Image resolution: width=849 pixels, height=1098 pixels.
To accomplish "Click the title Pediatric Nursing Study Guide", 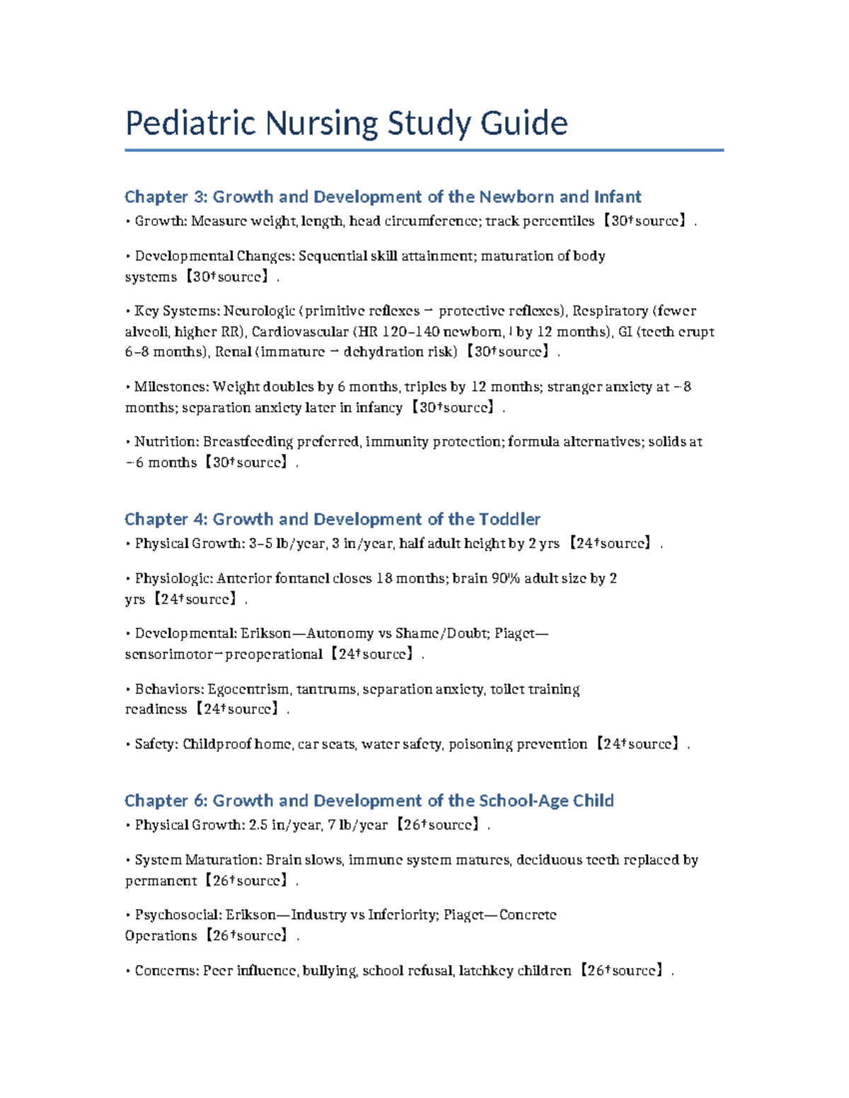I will click(x=346, y=123).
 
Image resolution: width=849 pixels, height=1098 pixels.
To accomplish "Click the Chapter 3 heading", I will click(x=383, y=197).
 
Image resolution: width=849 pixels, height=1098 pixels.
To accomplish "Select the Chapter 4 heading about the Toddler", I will click(x=332, y=519).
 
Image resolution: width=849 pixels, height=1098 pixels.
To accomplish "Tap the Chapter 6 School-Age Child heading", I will click(x=369, y=800).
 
